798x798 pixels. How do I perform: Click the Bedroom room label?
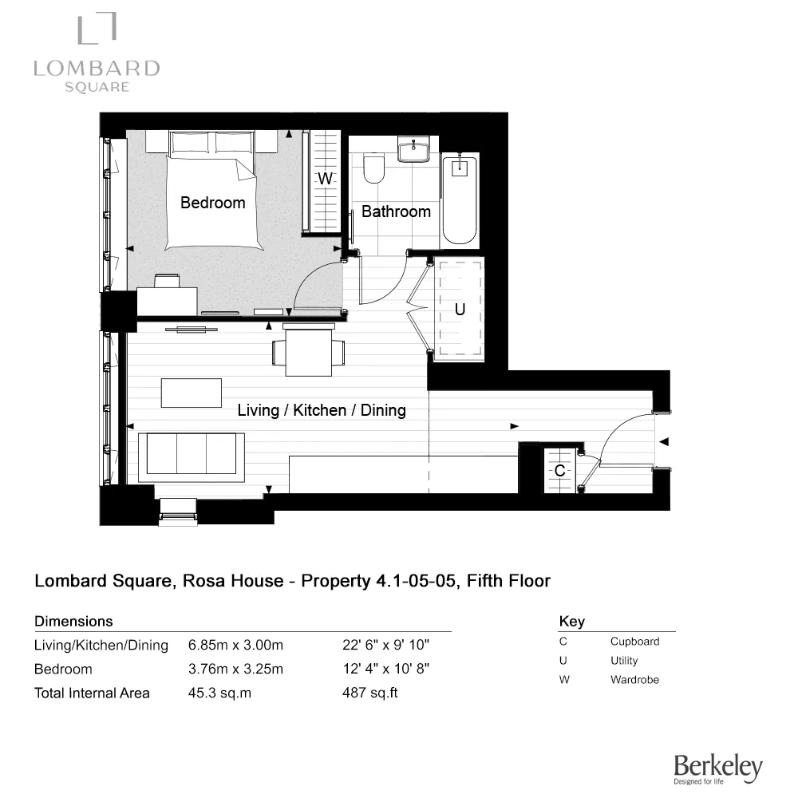tap(212, 203)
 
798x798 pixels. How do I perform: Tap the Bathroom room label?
tap(396, 211)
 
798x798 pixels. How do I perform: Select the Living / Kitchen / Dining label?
tap(322, 410)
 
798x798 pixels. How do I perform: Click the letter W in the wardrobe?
tap(325, 180)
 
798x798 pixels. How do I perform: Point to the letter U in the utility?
tap(460, 310)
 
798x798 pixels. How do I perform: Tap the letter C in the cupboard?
tap(560, 472)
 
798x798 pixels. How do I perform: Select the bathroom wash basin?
tap(414, 149)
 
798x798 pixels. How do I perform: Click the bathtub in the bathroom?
tap(460, 199)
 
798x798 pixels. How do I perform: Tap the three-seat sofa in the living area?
tap(192, 457)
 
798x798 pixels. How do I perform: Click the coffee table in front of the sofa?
tap(192, 393)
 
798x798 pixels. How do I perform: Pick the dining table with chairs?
tap(309, 351)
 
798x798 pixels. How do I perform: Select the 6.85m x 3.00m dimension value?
tap(235, 645)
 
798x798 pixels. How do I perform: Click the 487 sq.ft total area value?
tap(369, 693)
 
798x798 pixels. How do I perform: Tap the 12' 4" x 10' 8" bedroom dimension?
tap(385, 669)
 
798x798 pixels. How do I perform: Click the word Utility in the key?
tap(623, 661)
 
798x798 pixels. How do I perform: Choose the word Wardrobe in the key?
tap(634, 680)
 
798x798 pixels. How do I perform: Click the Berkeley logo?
tap(717, 768)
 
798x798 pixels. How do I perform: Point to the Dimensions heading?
tap(73, 621)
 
